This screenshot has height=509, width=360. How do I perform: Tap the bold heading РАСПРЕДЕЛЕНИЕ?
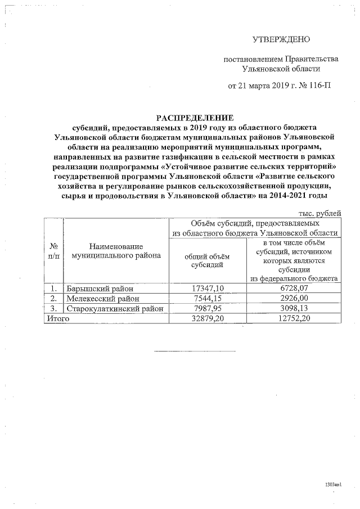click(x=194, y=118)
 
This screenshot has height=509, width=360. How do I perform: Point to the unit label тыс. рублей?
click(x=319, y=213)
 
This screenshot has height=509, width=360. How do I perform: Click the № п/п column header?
click(x=55, y=250)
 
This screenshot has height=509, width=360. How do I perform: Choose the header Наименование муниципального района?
click(x=116, y=250)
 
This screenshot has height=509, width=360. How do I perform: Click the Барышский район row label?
click(x=100, y=288)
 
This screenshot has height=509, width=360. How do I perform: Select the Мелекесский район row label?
click(x=102, y=298)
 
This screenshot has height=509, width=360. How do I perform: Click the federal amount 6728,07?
click(x=294, y=288)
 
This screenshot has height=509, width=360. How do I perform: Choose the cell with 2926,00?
click(x=294, y=298)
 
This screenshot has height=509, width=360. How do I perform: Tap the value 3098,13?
click(x=294, y=308)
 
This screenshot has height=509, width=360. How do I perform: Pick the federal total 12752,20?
click(x=294, y=318)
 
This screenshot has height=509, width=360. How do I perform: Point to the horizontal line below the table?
click(x=195, y=352)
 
